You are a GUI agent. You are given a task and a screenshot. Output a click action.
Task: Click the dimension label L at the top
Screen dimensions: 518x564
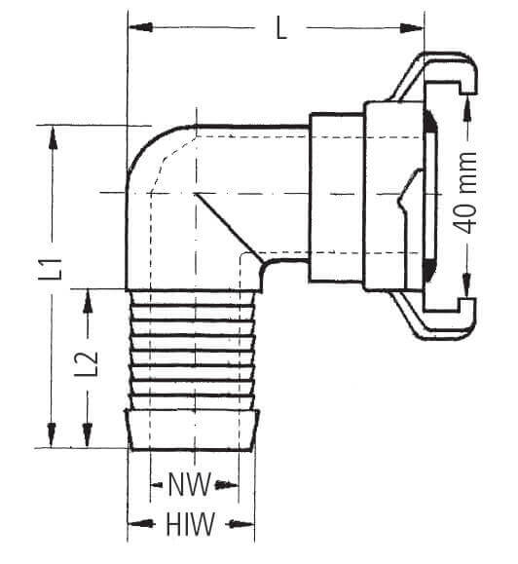tap(281, 28)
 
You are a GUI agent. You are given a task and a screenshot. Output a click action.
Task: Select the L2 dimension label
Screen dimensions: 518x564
tap(87, 363)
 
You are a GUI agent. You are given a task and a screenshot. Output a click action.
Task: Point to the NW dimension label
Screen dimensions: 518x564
tap(190, 484)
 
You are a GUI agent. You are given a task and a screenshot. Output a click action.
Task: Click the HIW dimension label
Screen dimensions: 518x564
tap(190, 524)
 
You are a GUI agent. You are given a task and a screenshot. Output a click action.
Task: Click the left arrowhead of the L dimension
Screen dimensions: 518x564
tap(141, 27)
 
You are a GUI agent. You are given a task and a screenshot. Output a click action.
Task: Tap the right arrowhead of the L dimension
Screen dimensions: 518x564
tap(412, 28)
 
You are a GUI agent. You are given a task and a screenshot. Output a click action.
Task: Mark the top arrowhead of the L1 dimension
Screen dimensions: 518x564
tap(53, 137)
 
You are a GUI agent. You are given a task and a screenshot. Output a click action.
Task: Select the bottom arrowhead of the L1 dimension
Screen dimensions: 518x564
tap(52, 435)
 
